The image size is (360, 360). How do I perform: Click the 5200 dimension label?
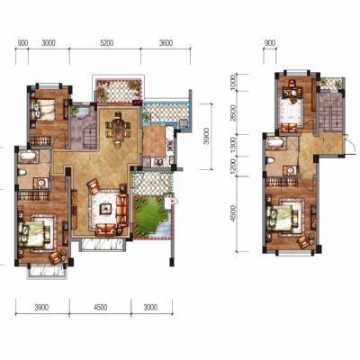[x=107, y=43]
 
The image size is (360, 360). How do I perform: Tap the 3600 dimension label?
[x=166, y=43]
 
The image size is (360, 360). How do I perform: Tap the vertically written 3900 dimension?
[x=205, y=138]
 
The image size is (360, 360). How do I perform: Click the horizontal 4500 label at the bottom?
[x=100, y=308]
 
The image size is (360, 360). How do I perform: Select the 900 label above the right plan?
[x=270, y=43]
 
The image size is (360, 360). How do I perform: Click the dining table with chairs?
[x=118, y=130]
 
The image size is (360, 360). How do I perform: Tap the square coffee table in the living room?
[x=105, y=208]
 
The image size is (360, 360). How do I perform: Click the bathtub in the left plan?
[x=28, y=156]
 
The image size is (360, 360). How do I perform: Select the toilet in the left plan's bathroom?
[x=22, y=172]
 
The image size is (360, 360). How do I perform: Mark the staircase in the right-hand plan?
[x=330, y=112]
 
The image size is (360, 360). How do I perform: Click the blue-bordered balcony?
[x=166, y=113]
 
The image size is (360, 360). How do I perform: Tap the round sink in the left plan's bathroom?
[x=41, y=183]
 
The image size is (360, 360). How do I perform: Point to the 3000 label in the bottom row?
[x=150, y=308]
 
